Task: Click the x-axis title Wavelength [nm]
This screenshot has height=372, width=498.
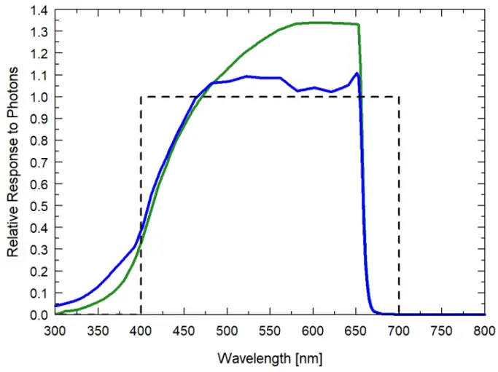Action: [x=270, y=359]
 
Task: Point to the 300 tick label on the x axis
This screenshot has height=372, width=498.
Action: [x=55, y=330]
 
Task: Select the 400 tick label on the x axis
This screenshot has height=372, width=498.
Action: [x=141, y=330]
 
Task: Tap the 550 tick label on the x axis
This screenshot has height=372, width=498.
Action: [x=270, y=330]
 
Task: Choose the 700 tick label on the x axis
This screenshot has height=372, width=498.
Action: [x=399, y=330]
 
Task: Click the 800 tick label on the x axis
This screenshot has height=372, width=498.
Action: [x=485, y=330]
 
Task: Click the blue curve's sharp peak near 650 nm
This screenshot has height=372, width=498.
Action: [x=357, y=73]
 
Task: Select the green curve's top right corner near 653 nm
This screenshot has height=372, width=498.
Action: [x=358, y=25]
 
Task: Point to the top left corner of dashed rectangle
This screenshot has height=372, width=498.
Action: [x=141, y=97]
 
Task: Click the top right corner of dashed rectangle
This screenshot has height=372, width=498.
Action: [x=399, y=97]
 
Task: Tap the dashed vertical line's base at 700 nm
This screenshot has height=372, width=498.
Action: [x=399, y=314]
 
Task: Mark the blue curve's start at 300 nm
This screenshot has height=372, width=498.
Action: [x=55, y=306]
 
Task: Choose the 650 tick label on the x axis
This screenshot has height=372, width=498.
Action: [x=356, y=330]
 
